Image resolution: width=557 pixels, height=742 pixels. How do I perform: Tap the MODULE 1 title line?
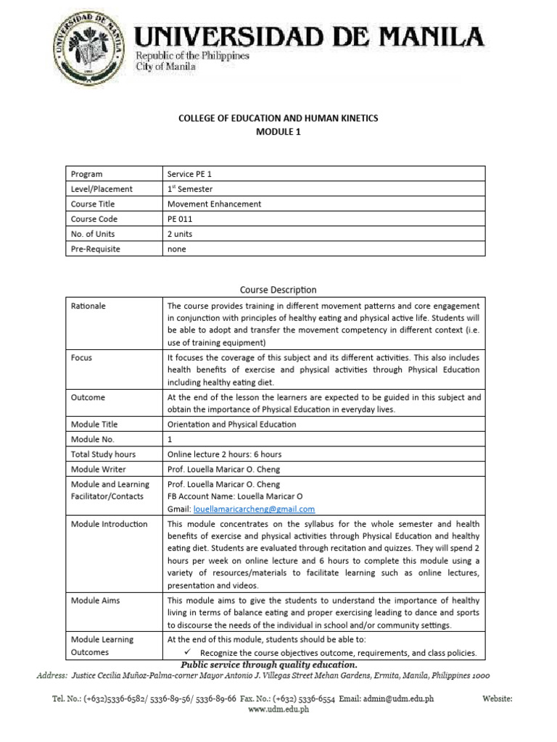(278, 132)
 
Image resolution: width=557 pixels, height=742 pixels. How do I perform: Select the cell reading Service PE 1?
(190, 174)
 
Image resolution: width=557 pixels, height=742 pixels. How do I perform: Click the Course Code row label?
(94, 219)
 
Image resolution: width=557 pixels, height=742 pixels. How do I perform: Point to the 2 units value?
(180, 234)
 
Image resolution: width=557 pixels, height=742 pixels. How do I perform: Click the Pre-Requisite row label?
(95, 249)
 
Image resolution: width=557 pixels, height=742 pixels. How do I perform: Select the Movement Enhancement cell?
(214, 204)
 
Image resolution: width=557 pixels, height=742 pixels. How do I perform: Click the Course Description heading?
(278, 290)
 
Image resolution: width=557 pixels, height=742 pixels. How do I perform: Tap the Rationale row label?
(88, 306)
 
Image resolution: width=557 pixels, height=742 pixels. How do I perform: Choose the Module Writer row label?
(98, 469)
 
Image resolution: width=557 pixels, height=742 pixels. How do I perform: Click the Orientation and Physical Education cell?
(231, 424)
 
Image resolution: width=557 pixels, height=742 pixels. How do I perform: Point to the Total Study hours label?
(103, 454)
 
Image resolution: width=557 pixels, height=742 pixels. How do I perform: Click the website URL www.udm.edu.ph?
(278, 709)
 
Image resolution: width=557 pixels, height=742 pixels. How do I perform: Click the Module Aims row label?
(95, 601)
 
